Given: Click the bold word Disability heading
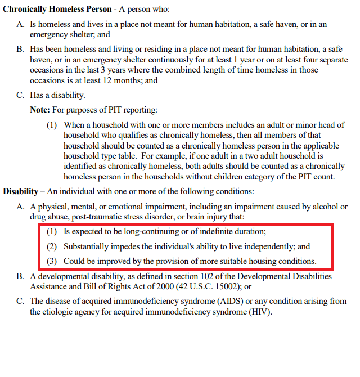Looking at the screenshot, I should pyautogui.click(x=21, y=191).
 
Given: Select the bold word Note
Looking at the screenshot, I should pyautogui.click(x=40, y=110).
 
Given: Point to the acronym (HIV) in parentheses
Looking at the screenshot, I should pyautogui.click(x=260, y=311).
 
